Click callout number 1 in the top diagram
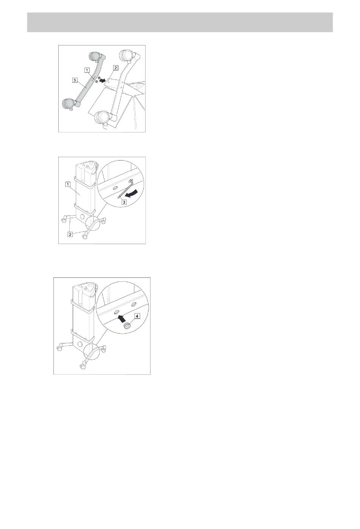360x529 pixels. point(88,70)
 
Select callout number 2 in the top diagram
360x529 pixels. point(115,68)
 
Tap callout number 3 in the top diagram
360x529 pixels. point(75,80)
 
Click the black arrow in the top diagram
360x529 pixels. point(102,81)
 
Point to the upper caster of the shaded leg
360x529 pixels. point(96,56)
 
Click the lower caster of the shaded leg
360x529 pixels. point(69,104)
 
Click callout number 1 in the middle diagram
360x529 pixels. point(68,184)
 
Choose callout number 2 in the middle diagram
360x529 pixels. point(70,234)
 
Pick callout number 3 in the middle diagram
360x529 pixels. point(124,202)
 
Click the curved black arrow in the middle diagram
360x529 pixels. point(131,193)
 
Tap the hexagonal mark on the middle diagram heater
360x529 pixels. point(83,217)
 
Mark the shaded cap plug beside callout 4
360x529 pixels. point(128,326)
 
